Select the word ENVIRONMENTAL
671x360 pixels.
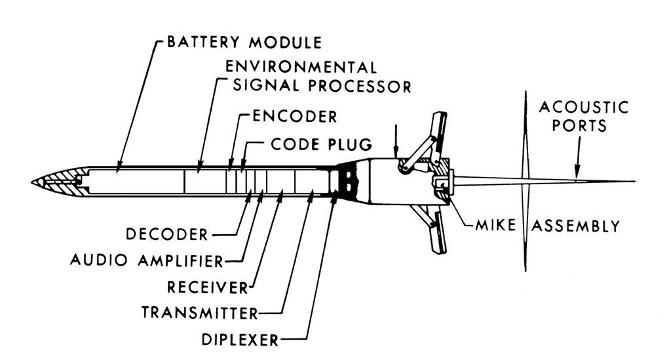click(x=301, y=67)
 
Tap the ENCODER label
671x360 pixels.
click(x=295, y=117)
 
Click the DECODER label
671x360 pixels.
click(x=166, y=234)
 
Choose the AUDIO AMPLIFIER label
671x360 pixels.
click(x=147, y=261)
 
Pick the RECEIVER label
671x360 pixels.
click(x=207, y=287)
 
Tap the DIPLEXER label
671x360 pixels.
click(x=240, y=339)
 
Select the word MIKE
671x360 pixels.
click(x=499, y=226)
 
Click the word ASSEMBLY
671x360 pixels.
click(x=575, y=226)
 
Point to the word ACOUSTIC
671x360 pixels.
click(x=583, y=107)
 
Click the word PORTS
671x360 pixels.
click(x=579, y=125)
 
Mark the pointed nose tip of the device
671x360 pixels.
click(x=33, y=182)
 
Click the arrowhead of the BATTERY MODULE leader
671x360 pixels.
click(x=118, y=170)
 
